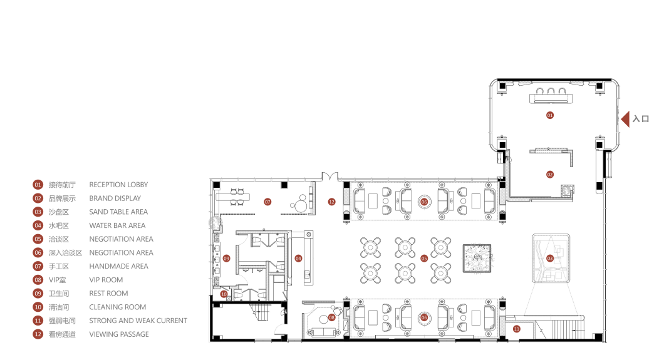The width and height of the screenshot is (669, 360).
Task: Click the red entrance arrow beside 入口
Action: (626, 119)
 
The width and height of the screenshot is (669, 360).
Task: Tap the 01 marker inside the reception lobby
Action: (550, 115)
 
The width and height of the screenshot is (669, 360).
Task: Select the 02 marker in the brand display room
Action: (550, 175)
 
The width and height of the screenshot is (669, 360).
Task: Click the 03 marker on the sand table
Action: (550, 259)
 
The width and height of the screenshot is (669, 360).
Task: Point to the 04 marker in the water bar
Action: (298, 259)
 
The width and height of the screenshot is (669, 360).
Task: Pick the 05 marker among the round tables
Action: (424, 259)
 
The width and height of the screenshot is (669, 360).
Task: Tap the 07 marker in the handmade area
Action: (267, 202)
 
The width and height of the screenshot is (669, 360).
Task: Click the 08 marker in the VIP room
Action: (332, 317)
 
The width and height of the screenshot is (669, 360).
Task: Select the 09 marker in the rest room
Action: (227, 259)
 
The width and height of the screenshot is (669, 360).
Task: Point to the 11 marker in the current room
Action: (517, 329)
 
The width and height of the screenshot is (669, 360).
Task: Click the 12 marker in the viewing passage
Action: (331, 202)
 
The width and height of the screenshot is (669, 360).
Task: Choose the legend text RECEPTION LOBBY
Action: (118, 185)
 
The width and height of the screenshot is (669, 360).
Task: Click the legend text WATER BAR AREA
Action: (117, 225)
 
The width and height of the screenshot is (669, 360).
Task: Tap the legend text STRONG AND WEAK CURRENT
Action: (138, 321)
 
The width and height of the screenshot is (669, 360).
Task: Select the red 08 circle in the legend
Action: (38, 280)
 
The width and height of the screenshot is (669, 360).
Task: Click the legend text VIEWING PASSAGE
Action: (119, 334)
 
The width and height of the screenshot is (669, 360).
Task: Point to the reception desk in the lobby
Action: (551, 99)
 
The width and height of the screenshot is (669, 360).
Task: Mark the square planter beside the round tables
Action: (477, 258)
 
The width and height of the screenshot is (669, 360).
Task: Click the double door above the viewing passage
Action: (330, 176)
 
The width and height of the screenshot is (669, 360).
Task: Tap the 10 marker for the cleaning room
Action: (224, 294)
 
